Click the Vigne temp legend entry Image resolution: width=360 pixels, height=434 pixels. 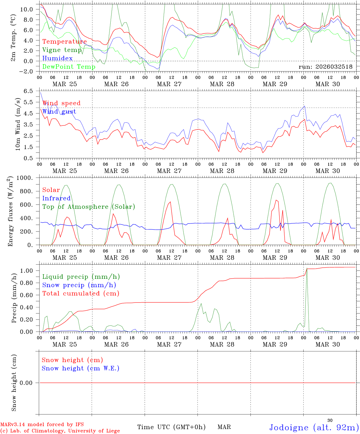(x=62, y=50)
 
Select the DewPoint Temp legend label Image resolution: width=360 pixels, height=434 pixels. (x=69, y=67)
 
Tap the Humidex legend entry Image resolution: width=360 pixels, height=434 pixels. (x=58, y=58)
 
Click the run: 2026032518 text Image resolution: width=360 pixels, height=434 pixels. (x=326, y=67)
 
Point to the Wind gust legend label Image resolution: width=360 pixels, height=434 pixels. (x=59, y=112)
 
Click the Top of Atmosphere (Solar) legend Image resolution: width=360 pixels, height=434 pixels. (x=89, y=207)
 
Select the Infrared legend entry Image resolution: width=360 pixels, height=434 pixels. (x=56, y=198)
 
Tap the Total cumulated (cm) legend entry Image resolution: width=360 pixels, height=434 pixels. (x=81, y=293)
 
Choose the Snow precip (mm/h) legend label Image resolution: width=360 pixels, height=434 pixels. (x=79, y=285)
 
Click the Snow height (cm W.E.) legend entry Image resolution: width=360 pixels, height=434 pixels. (x=81, y=368)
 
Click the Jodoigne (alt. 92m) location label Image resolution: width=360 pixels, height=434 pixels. (x=314, y=427)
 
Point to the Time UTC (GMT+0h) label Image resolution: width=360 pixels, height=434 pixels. (x=172, y=427)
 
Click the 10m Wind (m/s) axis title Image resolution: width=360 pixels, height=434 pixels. (x=18, y=124)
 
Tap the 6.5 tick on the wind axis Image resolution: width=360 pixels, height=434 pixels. (x=31, y=91)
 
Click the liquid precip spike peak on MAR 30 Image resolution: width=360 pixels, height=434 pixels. (x=307, y=268)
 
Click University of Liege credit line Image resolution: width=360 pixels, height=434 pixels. (x=60, y=431)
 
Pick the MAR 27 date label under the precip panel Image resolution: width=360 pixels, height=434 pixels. (x=169, y=344)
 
